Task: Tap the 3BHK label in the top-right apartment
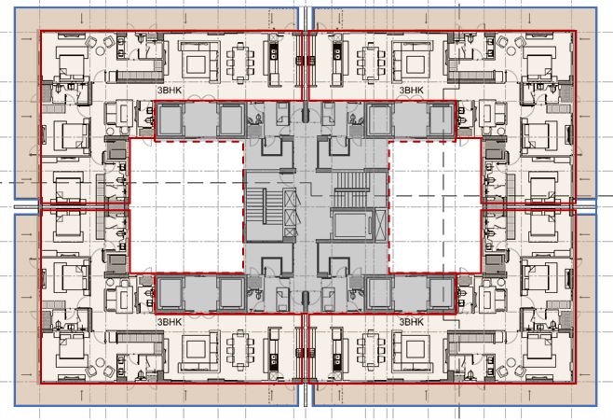click(x=411, y=91)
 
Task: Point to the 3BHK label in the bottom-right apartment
click(x=411, y=321)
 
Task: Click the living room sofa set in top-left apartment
click(x=198, y=62)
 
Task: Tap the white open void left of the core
click(x=185, y=205)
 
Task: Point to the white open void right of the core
click(x=434, y=205)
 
